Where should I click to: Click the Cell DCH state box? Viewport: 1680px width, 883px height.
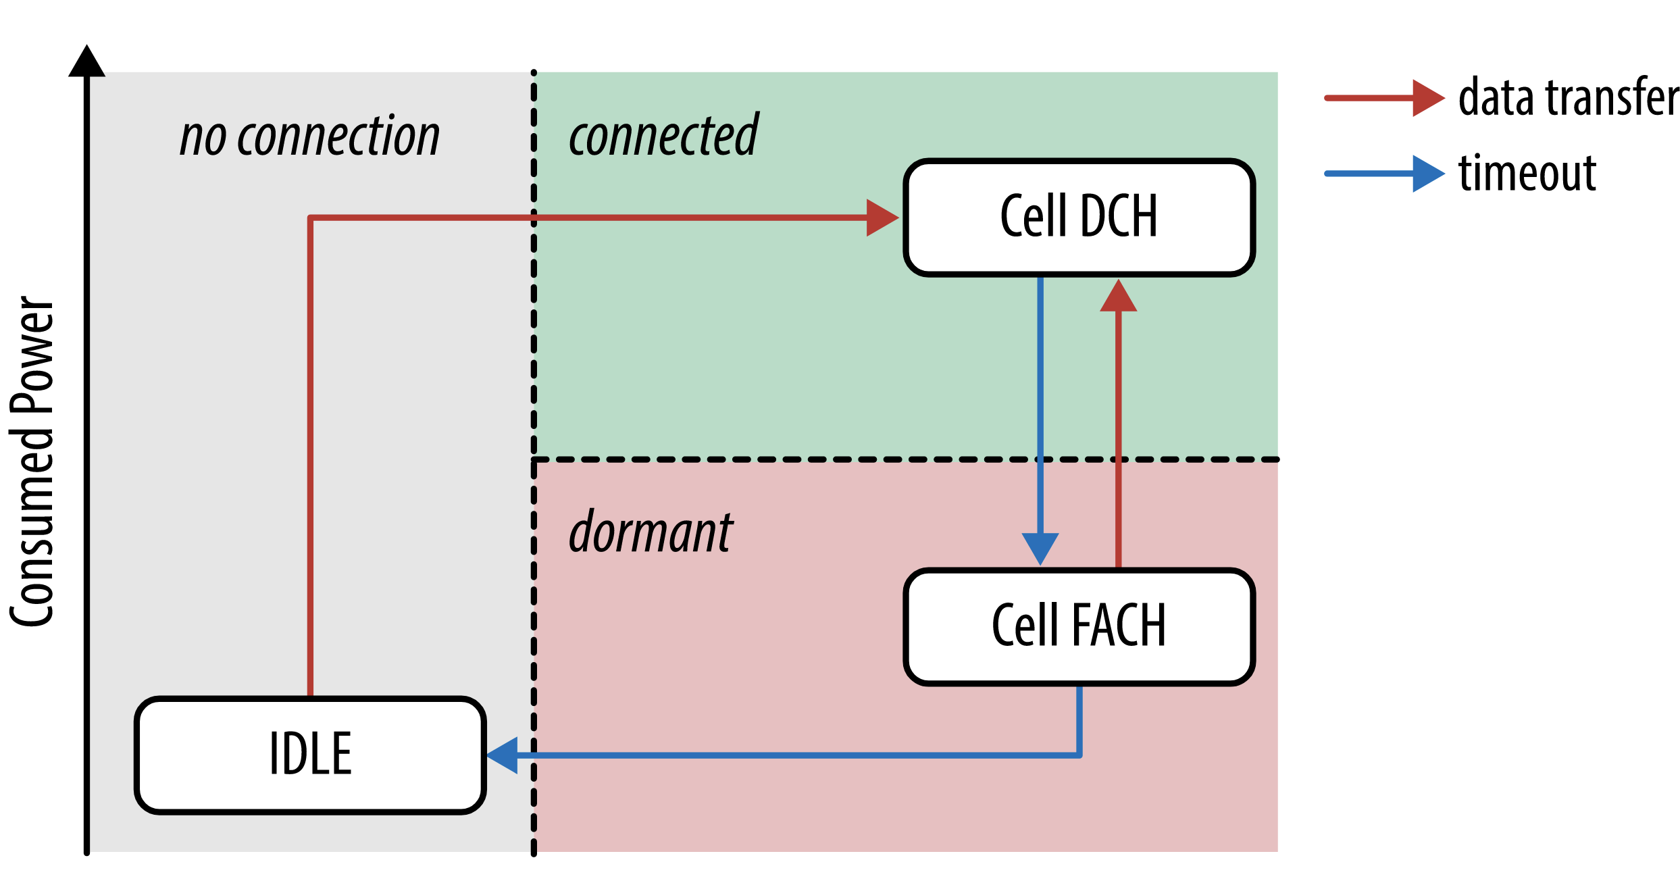click(1079, 218)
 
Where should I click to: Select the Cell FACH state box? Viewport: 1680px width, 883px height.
click(1079, 626)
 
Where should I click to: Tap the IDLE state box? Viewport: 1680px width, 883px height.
click(310, 755)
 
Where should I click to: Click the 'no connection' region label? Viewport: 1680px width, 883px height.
click(310, 136)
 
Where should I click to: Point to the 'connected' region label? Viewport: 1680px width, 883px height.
click(663, 136)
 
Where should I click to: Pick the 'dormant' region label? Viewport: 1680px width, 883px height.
click(651, 533)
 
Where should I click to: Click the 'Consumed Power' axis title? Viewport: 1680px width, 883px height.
click(32, 461)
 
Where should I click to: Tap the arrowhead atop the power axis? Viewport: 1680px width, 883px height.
click(86, 61)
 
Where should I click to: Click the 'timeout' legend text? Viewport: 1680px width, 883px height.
click(1527, 174)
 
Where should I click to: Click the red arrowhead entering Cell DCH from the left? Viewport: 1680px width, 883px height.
click(882, 218)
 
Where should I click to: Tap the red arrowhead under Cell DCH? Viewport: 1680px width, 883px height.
click(1118, 297)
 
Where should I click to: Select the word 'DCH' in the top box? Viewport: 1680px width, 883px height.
click(1119, 218)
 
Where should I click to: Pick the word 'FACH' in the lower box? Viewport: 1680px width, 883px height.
click(1119, 626)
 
